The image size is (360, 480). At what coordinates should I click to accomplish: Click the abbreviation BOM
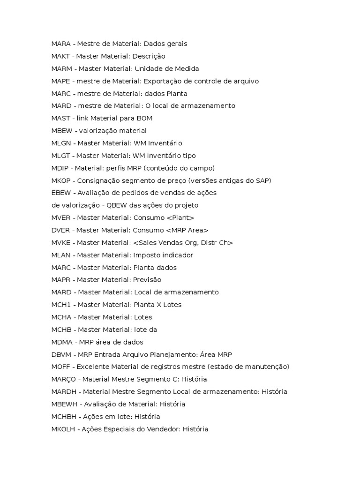[143, 118]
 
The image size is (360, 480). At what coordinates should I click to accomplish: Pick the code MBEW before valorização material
[61, 131]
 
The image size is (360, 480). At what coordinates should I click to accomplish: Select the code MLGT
[60, 156]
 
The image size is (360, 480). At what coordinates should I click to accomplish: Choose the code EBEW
[60, 193]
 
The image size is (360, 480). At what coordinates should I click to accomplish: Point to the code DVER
[60, 230]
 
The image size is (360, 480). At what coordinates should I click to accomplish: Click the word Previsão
[147, 280]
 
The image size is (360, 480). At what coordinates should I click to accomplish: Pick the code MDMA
[61, 342]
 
